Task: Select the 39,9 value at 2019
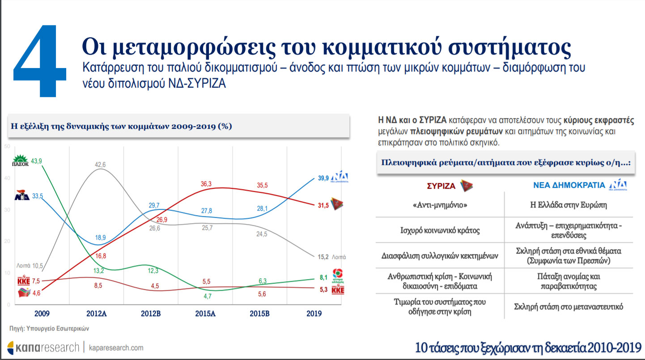click(x=324, y=178)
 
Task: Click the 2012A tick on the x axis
click(x=97, y=313)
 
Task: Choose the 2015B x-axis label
click(x=259, y=313)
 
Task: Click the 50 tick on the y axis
click(x=7, y=147)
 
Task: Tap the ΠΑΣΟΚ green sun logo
click(x=20, y=161)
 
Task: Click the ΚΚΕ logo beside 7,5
click(x=23, y=281)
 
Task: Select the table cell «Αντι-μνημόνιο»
click(x=439, y=205)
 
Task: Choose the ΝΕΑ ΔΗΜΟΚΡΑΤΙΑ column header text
click(x=569, y=185)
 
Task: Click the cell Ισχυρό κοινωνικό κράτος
click(x=439, y=231)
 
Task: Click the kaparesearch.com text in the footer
click(x=116, y=347)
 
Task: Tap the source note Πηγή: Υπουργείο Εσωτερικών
click(x=50, y=328)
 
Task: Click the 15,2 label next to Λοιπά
click(x=323, y=257)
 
